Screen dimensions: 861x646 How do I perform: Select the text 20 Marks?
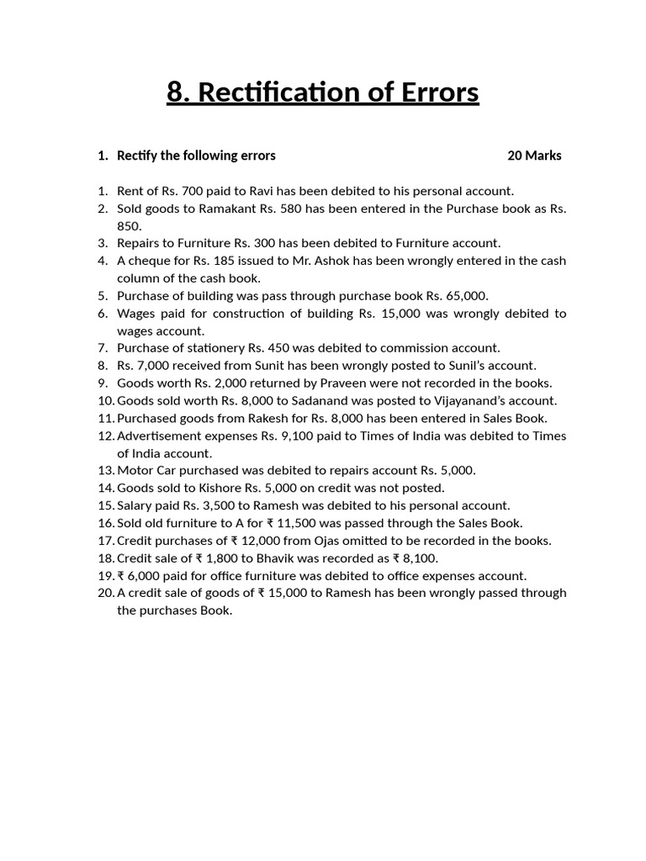[534, 156]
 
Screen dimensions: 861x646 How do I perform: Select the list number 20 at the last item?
[105, 593]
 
